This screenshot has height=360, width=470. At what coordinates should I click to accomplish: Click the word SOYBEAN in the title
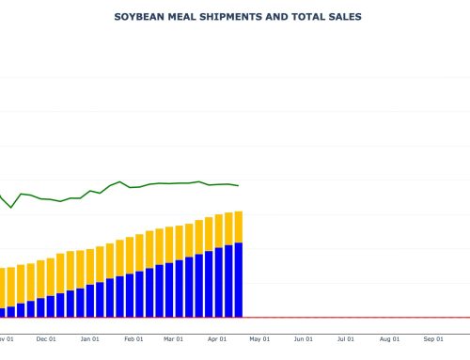click(x=137, y=17)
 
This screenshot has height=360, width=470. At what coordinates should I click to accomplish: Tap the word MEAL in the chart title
click(x=182, y=17)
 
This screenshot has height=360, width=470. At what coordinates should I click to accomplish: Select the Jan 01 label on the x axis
click(x=89, y=338)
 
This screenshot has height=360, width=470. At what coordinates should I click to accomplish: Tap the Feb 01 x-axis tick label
click(x=133, y=338)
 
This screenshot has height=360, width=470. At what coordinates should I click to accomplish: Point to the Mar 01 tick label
click(x=173, y=338)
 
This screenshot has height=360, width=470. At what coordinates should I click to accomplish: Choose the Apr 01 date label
click(x=216, y=338)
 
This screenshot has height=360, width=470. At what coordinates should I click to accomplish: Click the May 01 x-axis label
click(x=259, y=338)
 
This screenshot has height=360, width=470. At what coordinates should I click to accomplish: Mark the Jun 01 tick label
click(x=303, y=338)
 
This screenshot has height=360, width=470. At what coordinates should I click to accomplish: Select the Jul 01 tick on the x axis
click(x=345, y=338)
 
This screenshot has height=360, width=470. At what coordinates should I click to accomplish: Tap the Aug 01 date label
click(x=389, y=338)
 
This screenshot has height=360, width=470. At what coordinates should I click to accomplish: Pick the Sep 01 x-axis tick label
click(x=432, y=338)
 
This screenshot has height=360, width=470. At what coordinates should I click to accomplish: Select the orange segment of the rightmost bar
click(x=239, y=227)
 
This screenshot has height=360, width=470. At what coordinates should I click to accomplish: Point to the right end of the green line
click(x=239, y=185)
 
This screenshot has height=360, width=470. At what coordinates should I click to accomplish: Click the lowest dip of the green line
click(x=11, y=207)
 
